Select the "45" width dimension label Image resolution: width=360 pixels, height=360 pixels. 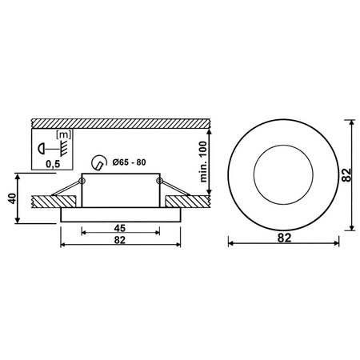point(118,226)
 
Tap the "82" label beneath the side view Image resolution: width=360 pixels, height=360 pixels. point(118,239)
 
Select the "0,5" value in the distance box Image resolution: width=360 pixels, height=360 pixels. point(54,163)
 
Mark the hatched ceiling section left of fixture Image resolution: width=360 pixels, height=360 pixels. point(48,198)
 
